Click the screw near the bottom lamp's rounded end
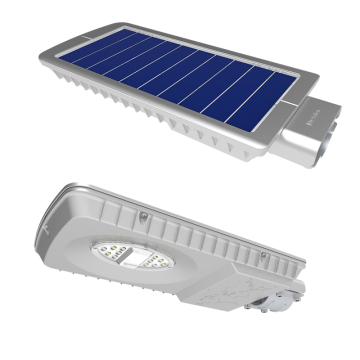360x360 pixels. pos(144,214)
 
